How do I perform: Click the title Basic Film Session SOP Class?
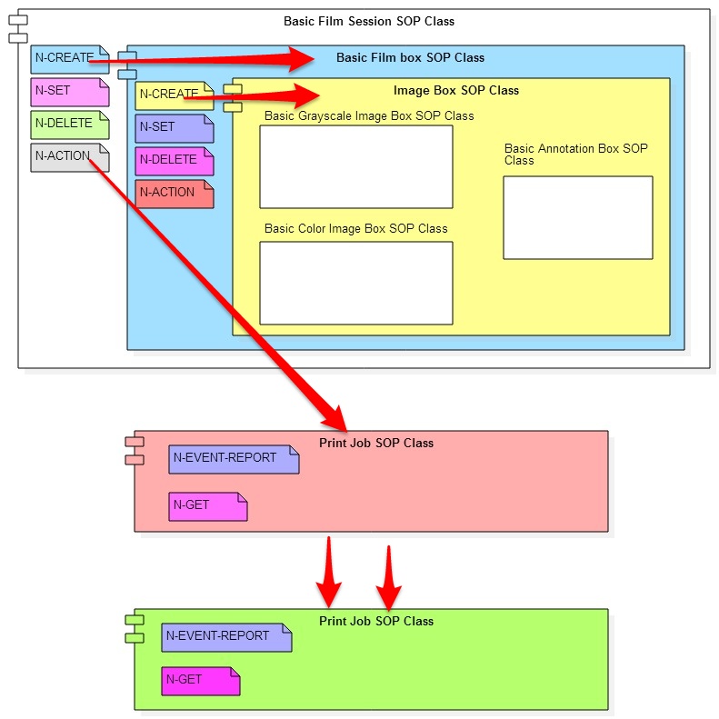369,21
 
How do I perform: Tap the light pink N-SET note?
69,92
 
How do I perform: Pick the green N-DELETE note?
69,125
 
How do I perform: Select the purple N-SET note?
174,128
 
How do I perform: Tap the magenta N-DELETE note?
174,161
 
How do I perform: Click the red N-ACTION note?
174,194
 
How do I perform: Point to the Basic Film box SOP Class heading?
410,57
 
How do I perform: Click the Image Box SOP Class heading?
456,90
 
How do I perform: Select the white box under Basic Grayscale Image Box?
355,167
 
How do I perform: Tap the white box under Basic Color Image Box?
355,283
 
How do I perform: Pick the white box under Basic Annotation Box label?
577,217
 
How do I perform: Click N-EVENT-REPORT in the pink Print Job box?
233,459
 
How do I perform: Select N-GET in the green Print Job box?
200,681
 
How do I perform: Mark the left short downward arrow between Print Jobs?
329,573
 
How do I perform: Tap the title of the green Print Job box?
376,621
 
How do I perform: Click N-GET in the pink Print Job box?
207,506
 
